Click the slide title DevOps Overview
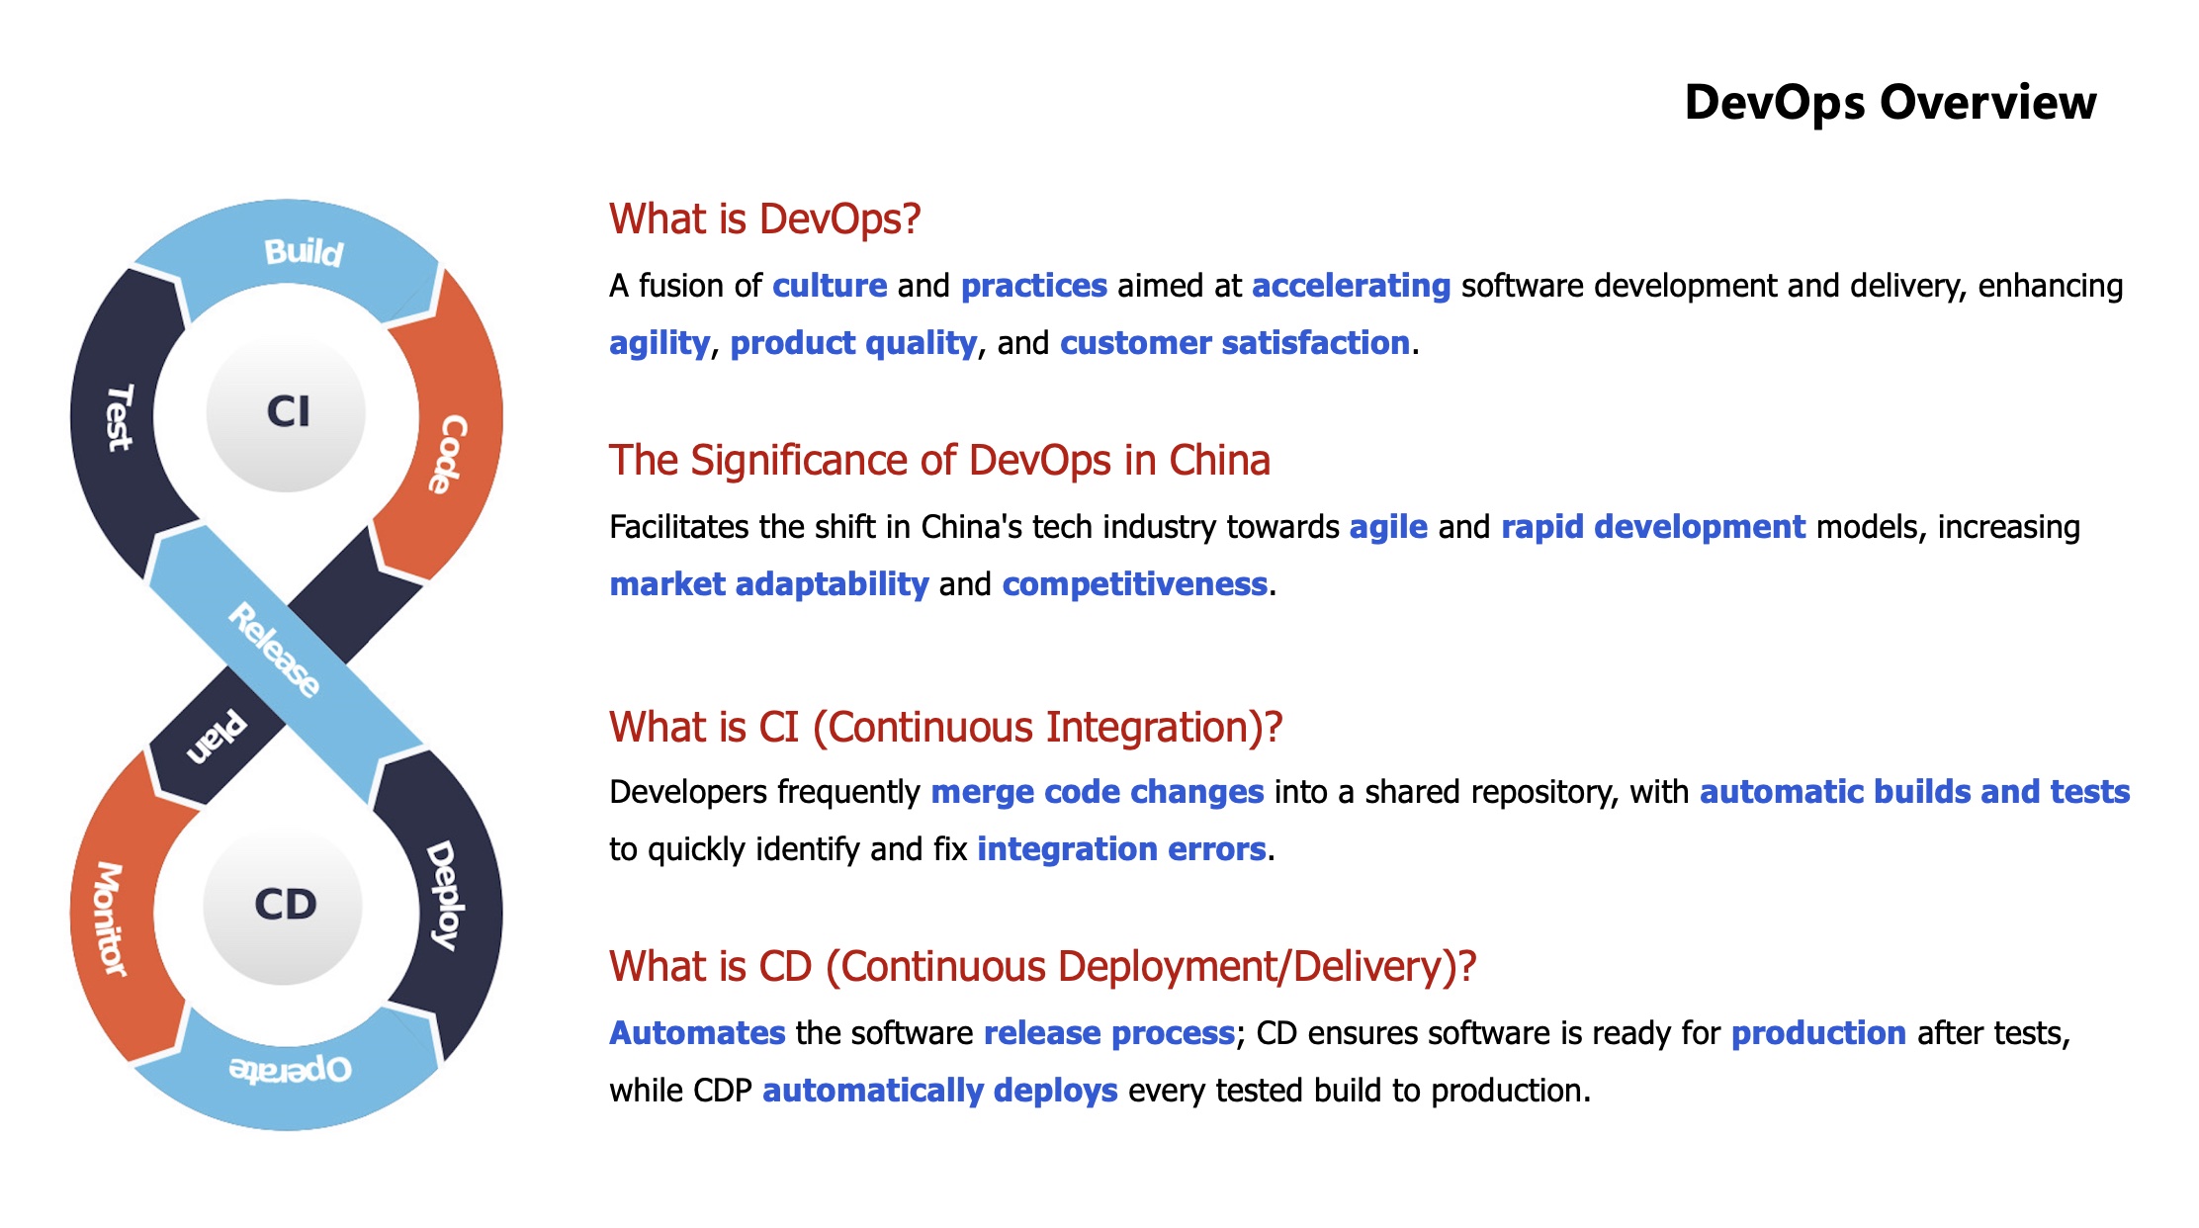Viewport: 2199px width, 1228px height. pos(1890,103)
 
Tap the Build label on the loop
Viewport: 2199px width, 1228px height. pos(304,252)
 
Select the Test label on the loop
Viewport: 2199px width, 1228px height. pos(119,417)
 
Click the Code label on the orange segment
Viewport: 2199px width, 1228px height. pos(448,454)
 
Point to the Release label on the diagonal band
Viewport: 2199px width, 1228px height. pos(275,650)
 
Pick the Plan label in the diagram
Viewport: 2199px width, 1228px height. pos(217,738)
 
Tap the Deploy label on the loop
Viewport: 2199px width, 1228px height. pos(444,894)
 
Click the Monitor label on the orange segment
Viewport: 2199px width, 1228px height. pos(110,919)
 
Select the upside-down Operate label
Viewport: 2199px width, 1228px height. pos(290,1069)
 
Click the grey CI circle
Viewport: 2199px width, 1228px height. pos(287,411)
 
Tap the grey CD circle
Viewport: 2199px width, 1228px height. pos(284,905)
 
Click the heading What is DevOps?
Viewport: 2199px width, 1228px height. pos(764,219)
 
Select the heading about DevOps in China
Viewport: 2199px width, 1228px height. pos(939,461)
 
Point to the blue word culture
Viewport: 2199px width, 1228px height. pos(830,286)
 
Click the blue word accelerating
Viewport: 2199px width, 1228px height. pos(1351,286)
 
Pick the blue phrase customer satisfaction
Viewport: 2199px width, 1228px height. pos(1234,343)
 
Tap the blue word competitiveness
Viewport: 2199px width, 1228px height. pos(1134,584)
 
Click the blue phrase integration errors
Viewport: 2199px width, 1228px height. pos(1121,849)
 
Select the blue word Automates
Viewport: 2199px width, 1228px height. pos(697,1033)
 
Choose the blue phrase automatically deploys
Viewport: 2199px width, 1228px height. pos(939,1091)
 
